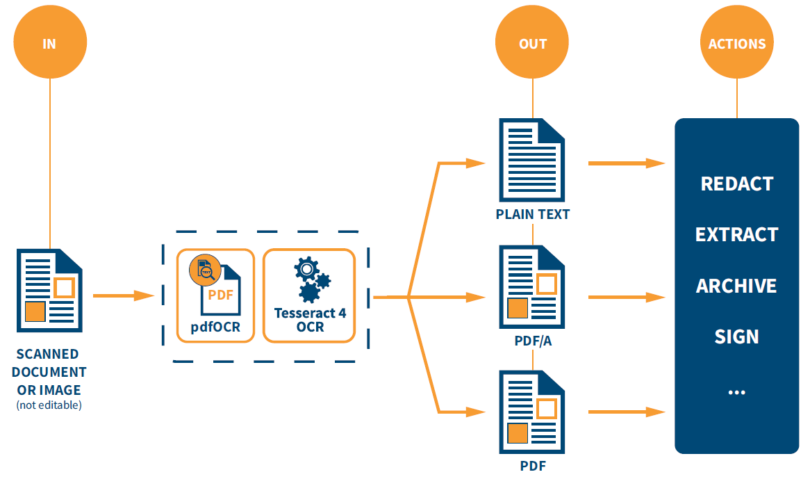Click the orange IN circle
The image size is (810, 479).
[49, 43]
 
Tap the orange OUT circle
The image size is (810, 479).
[533, 43]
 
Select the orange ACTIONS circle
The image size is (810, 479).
[737, 43]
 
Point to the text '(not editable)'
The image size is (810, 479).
[49, 405]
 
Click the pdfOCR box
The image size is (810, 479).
[215, 295]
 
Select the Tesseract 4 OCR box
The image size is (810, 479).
[310, 295]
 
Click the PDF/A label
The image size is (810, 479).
[533, 341]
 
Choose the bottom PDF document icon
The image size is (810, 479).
[532, 412]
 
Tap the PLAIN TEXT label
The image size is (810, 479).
[533, 214]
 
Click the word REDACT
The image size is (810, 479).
[737, 184]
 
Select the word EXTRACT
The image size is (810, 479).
[737, 234]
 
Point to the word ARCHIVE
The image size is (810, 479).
[737, 286]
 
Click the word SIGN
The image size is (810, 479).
[737, 336]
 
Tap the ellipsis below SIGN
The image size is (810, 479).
[737, 392]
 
